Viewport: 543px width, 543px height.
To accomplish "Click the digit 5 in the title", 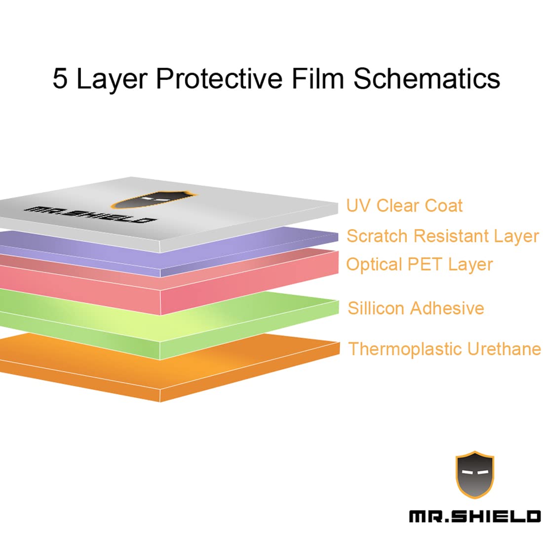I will pyautogui.click(x=60, y=79).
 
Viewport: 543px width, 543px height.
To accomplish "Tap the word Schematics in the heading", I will pyautogui.click(x=427, y=79).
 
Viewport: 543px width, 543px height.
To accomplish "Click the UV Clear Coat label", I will pyautogui.click(x=404, y=206).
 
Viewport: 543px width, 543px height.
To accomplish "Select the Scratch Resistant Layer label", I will pyautogui.click(x=442, y=236).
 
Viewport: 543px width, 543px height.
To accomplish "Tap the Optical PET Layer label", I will pyautogui.click(x=419, y=265).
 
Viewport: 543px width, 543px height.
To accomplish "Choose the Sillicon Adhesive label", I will pyautogui.click(x=416, y=309).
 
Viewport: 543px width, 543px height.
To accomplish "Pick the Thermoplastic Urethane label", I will pyautogui.click(x=444, y=349).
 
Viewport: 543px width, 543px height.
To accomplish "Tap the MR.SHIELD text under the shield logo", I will pyautogui.click(x=474, y=516).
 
